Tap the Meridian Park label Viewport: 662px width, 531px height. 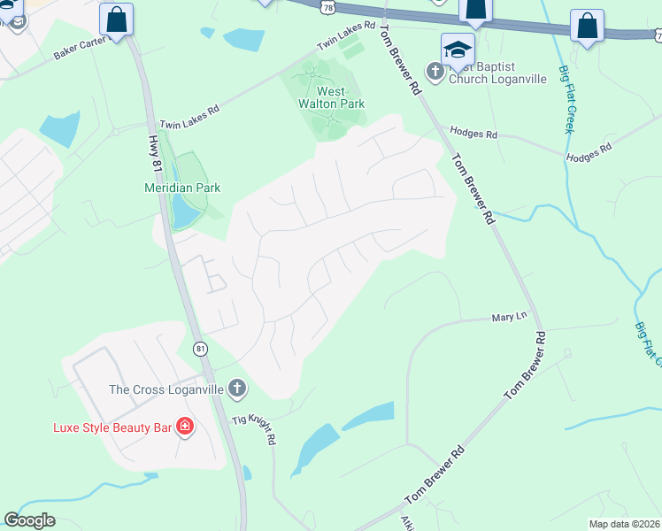[182, 188]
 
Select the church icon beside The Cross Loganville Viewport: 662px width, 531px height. [236, 388]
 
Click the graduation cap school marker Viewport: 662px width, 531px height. [458, 49]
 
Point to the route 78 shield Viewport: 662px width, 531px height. [328, 7]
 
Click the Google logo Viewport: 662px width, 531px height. [29, 520]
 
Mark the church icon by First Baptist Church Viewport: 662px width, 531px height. [435, 71]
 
